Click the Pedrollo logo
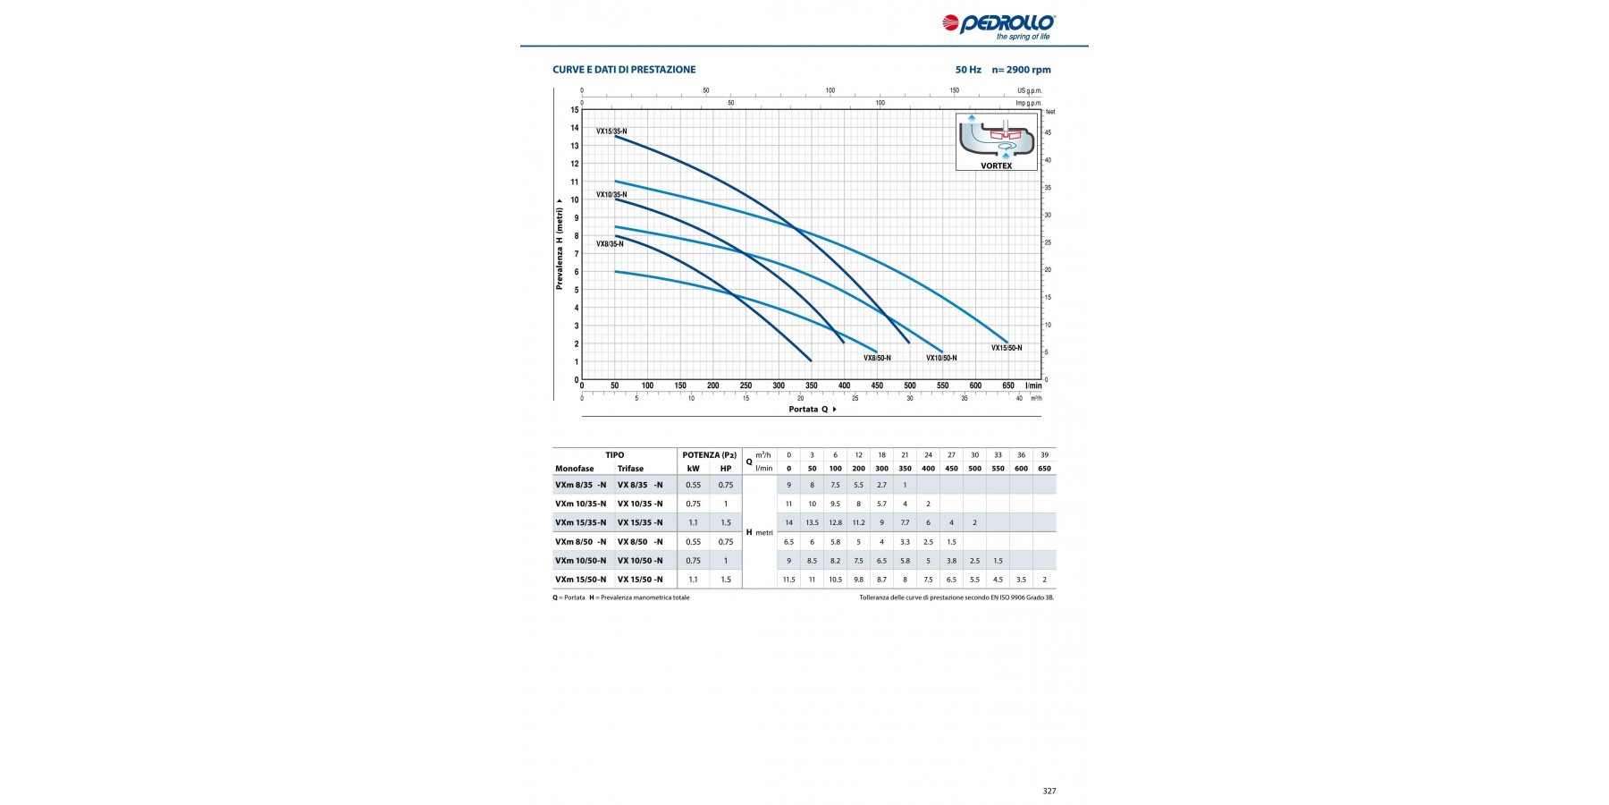tap(998, 24)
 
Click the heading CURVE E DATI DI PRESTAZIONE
tap(624, 70)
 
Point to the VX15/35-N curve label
tap(611, 131)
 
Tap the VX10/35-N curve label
tap(611, 194)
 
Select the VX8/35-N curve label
tap(610, 243)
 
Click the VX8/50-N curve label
tap(877, 358)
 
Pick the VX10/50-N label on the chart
tap(941, 358)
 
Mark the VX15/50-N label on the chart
tap(1007, 348)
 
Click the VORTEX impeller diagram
tap(996, 140)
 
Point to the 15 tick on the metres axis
tap(575, 110)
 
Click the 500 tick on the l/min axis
tap(910, 386)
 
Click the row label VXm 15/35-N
tap(580, 522)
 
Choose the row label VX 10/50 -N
tap(640, 561)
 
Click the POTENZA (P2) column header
tap(709, 455)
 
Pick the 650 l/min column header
tap(1044, 469)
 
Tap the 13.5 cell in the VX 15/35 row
tap(812, 522)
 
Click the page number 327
tap(1049, 791)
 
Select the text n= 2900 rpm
tap(1021, 70)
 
